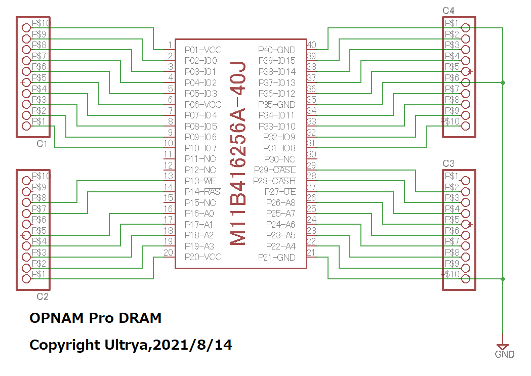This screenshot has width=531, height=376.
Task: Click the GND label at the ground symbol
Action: [504, 355]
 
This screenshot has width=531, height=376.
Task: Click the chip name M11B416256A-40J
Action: [238, 154]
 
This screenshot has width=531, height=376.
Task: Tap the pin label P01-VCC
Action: [202, 50]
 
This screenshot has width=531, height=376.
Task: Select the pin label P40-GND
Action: [276, 50]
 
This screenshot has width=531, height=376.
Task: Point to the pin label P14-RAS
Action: [202, 192]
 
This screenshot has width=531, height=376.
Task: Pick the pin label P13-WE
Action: [201, 181]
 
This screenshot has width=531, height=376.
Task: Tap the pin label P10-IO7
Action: [200, 148]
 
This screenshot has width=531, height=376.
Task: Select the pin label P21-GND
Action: [276, 258]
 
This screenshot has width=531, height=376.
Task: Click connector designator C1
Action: [42, 144]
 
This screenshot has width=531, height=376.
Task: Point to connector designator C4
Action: [448, 11]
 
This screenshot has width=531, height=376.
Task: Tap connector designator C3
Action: [448, 163]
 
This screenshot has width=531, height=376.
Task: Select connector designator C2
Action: [43, 297]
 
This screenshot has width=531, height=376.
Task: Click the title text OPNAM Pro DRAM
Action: [96, 318]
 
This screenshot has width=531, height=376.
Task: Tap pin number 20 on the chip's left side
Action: [168, 253]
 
